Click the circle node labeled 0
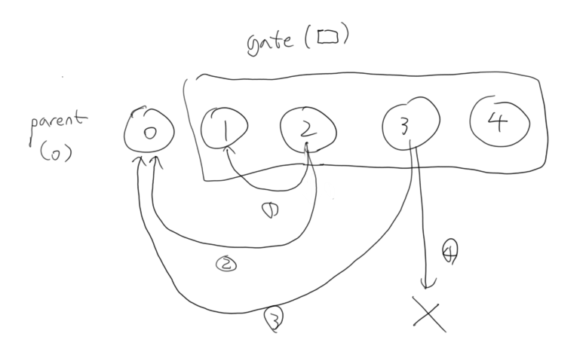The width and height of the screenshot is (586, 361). pos(149,133)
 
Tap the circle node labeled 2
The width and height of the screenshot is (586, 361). pos(305,130)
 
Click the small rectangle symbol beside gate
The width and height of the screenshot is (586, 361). pos(328,37)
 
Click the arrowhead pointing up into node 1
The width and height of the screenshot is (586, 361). pos(226,151)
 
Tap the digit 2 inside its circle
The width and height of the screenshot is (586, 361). pos(305,130)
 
